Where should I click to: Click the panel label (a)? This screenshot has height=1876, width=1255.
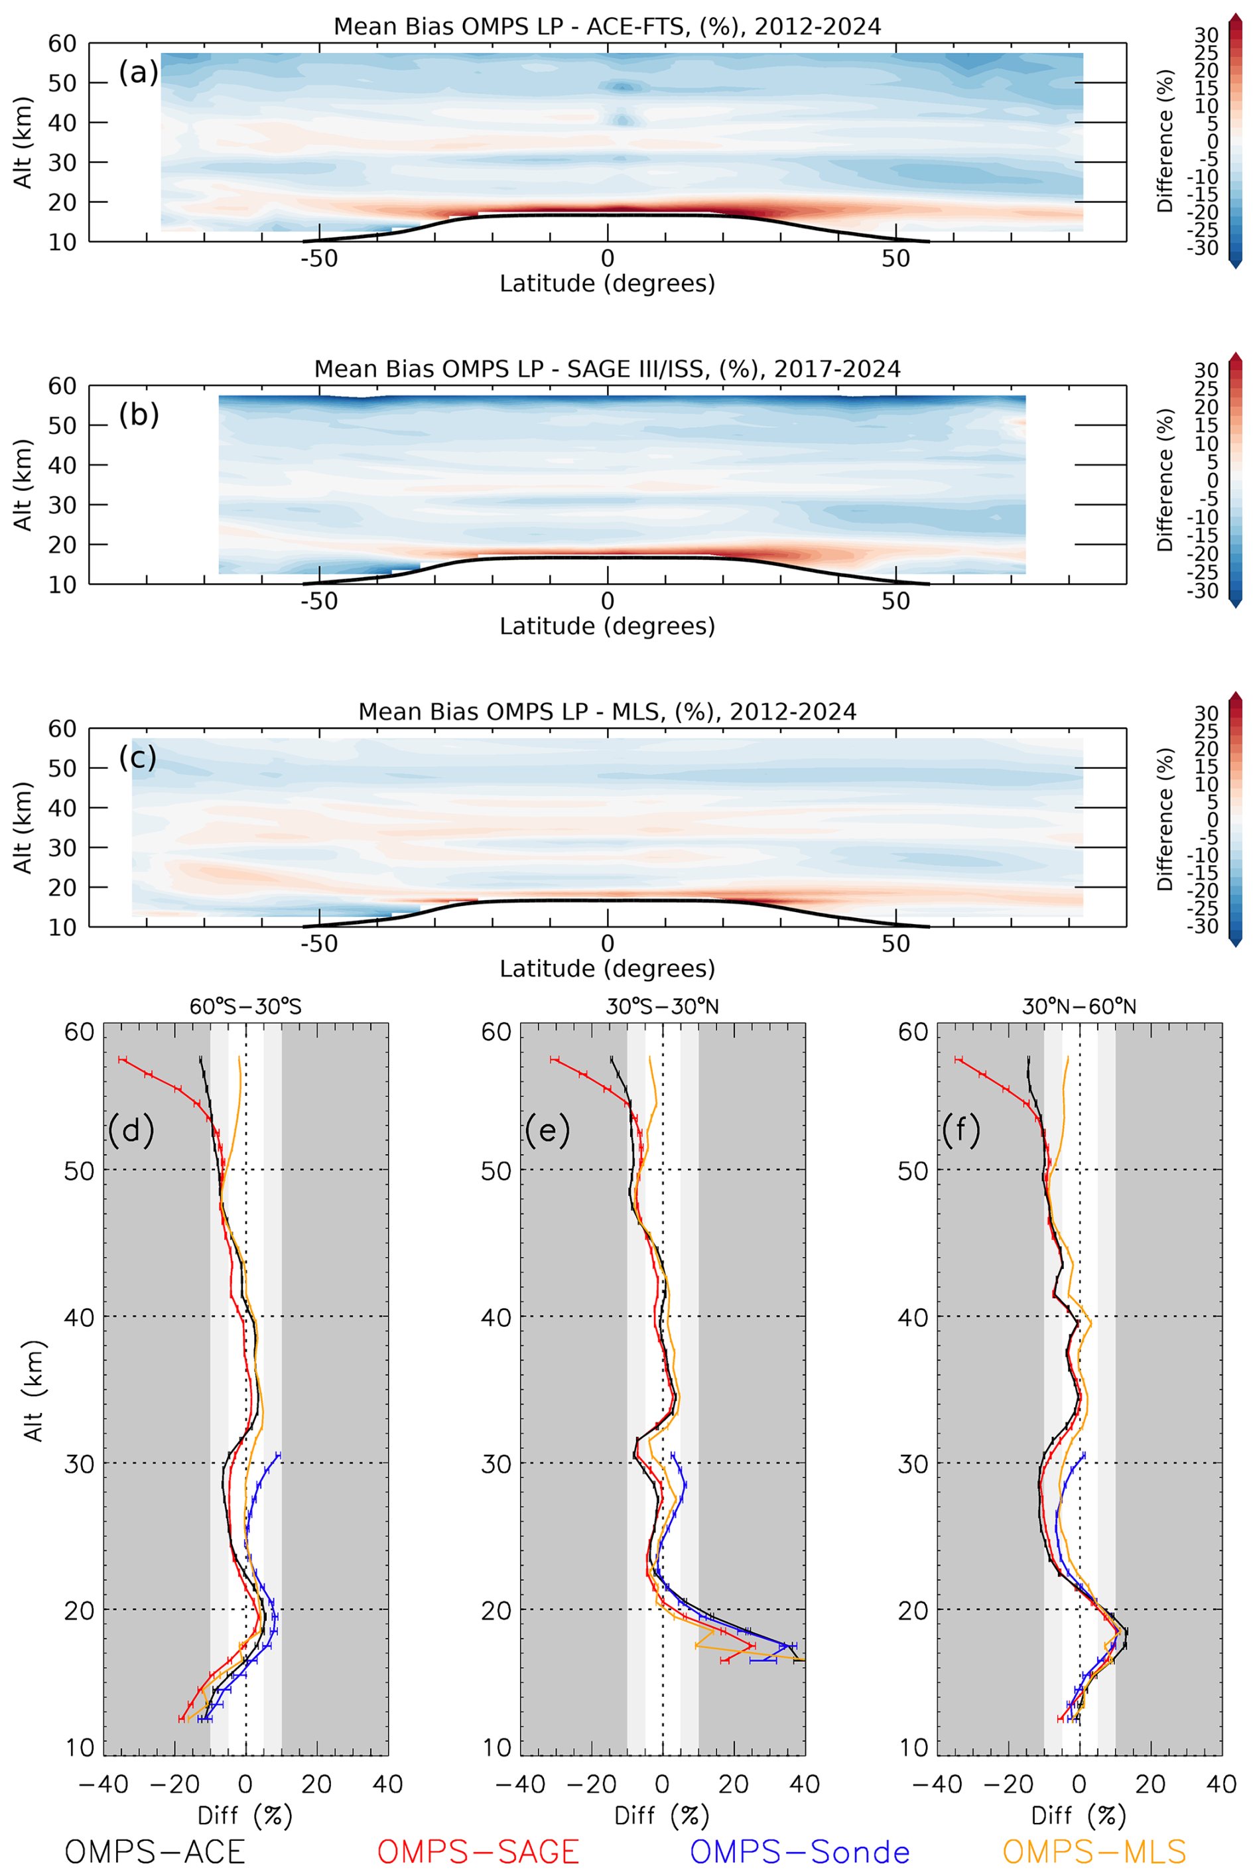click(139, 73)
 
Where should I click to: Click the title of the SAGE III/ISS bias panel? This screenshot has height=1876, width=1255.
click(607, 369)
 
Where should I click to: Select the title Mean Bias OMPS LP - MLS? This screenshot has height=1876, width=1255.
click(607, 712)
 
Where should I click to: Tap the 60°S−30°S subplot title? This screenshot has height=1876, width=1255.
click(245, 1006)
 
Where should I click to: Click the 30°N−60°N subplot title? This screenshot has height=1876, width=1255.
click(1079, 1006)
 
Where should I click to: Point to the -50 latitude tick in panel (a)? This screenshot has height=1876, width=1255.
click(318, 259)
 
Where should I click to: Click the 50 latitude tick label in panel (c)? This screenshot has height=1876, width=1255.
click(895, 945)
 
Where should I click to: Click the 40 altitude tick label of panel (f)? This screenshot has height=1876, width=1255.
click(913, 1317)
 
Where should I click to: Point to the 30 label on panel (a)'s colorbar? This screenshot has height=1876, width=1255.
click(1206, 34)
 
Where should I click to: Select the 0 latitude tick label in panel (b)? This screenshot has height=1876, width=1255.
click(608, 602)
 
